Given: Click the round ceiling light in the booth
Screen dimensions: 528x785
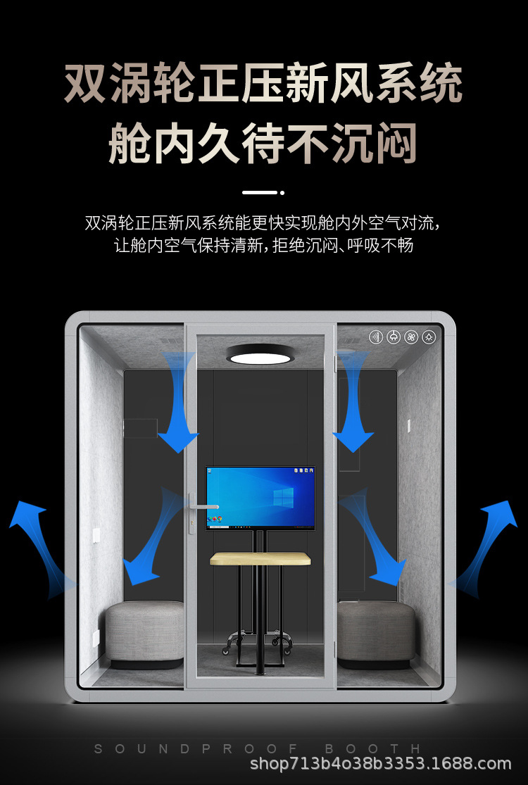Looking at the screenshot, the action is pos(259,354).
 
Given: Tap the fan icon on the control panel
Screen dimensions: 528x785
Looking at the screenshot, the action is pos(411,337).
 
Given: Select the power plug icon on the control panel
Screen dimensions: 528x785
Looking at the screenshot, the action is pos(394,337).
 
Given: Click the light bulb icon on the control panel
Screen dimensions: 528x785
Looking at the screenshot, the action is pos(429,337).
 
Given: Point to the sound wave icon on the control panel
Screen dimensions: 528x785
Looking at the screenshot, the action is pos(376,337).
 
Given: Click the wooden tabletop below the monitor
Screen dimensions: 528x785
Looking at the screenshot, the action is pos(260,559).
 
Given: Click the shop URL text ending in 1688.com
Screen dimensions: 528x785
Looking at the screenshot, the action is pos(380,764).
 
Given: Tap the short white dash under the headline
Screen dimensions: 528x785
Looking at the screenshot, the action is pos(259,192).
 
